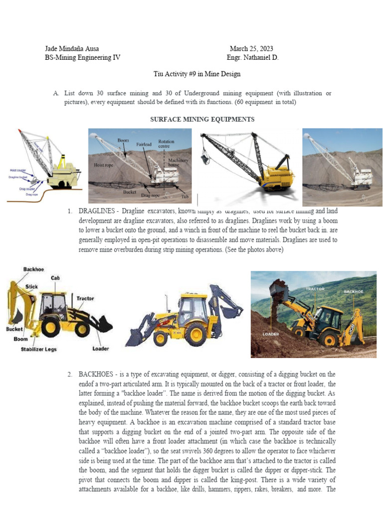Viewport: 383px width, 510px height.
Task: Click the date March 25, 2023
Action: tap(251, 49)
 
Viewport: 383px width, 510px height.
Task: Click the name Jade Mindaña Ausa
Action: tap(72, 49)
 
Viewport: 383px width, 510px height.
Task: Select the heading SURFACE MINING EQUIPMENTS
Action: tap(202, 120)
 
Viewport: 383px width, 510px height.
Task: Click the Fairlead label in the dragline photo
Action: tap(144, 144)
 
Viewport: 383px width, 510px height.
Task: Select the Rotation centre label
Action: tap(166, 144)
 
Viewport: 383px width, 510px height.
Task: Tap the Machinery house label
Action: tap(178, 163)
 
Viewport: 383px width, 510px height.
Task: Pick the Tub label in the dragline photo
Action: tap(186, 197)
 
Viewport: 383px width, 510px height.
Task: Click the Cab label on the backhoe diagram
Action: tap(56, 278)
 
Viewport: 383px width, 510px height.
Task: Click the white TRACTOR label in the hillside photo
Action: tap(315, 289)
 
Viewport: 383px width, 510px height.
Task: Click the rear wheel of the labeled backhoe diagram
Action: tap(51, 327)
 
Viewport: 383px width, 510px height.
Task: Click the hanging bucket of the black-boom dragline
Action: tap(204, 160)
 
